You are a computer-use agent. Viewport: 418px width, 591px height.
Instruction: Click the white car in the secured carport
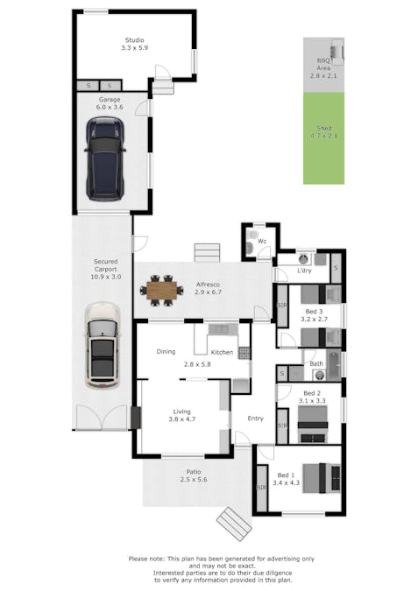click(103, 346)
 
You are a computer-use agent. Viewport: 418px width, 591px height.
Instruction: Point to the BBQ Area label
click(322, 69)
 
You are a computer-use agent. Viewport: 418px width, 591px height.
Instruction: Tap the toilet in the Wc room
click(252, 250)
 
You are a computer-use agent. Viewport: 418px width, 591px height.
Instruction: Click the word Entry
click(255, 419)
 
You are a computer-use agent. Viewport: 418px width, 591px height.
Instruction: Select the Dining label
click(166, 352)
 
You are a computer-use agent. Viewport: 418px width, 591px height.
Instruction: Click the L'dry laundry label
click(304, 271)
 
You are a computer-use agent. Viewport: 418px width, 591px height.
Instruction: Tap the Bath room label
click(315, 363)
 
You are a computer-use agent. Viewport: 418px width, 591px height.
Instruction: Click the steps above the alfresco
click(206, 252)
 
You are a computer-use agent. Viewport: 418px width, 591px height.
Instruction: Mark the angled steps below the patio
click(233, 524)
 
